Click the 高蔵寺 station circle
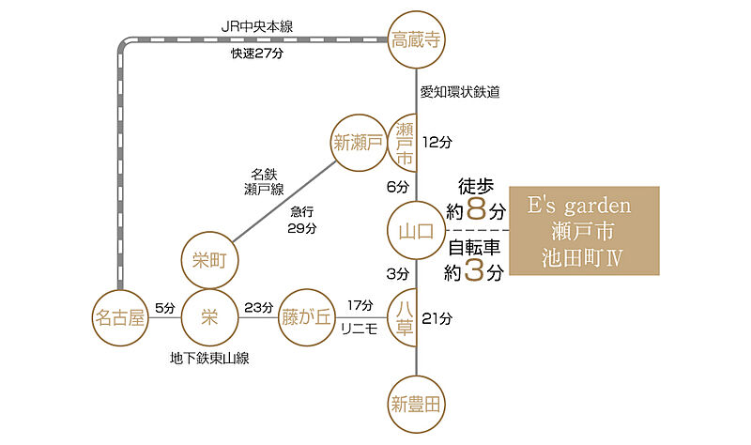click(x=416, y=39)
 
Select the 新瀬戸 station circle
click(x=359, y=143)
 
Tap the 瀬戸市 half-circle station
click(x=402, y=144)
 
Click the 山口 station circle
click(x=416, y=231)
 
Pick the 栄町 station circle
click(x=209, y=261)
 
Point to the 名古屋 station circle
click(x=120, y=317)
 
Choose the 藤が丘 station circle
click(x=307, y=317)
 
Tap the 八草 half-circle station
click(x=402, y=317)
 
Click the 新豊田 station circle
click(x=416, y=405)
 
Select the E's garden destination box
click(x=584, y=231)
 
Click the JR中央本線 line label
click(x=257, y=27)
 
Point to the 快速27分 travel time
click(x=257, y=54)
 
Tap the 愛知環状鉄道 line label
click(x=460, y=92)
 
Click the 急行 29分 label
click(x=301, y=220)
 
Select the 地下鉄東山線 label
click(x=209, y=359)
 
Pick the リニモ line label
click(x=360, y=329)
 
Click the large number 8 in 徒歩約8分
click(x=476, y=208)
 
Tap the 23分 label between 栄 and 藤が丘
click(x=259, y=308)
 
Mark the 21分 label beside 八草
click(x=437, y=318)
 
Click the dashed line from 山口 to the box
click(x=477, y=231)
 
